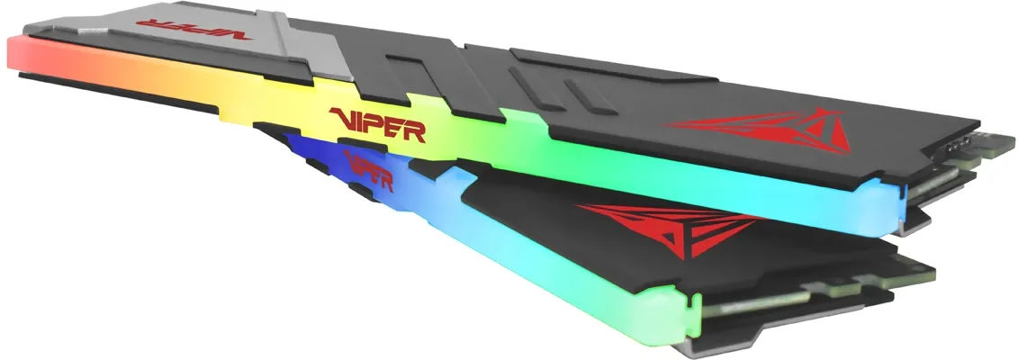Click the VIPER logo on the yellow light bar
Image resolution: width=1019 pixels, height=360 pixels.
coord(377,125)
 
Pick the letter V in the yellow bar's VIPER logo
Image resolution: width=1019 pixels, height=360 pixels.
coord(343,120)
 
